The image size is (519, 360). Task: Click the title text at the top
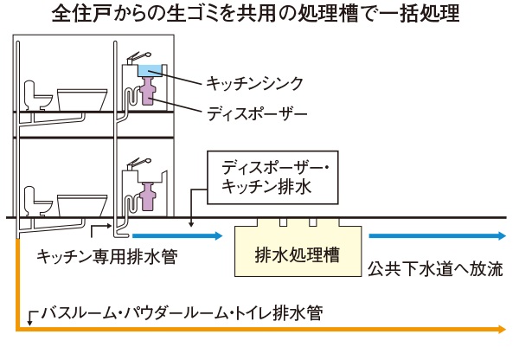point(260,15)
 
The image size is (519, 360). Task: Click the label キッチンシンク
point(255,83)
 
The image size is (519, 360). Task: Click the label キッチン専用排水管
point(107,258)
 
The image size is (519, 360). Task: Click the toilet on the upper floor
point(36,95)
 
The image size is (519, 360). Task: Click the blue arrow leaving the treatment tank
point(437,235)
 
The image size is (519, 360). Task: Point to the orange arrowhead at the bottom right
point(501,329)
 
